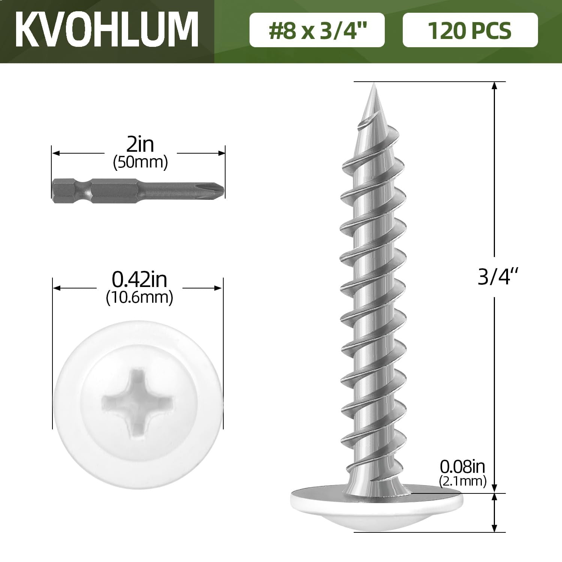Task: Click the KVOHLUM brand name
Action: (x=107, y=30)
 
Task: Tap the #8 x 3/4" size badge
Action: (x=317, y=30)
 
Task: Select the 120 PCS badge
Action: (x=470, y=30)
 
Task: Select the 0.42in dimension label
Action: (x=139, y=280)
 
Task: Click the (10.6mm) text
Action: (x=139, y=297)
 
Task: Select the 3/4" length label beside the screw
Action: (x=495, y=277)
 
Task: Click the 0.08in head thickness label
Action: (x=462, y=467)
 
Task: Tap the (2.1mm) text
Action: (x=462, y=481)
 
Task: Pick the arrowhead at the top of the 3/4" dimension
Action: (x=495, y=85)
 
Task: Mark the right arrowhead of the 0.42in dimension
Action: (x=219, y=288)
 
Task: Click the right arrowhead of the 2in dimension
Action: (x=221, y=153)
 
